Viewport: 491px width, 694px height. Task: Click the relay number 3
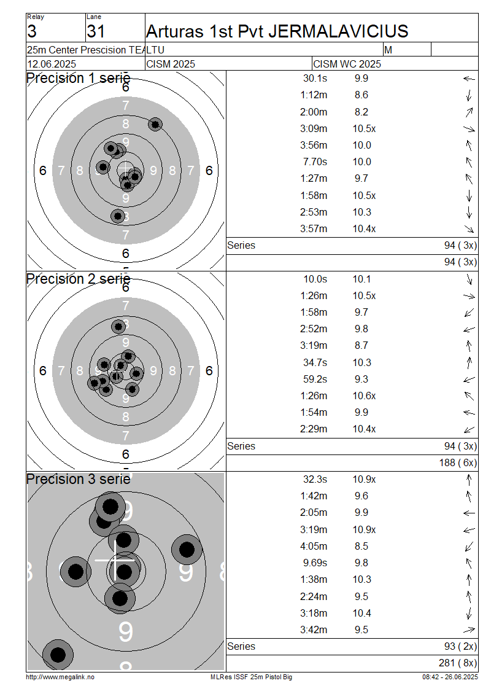click(32, 31)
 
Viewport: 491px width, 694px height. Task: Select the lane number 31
click(96, 31)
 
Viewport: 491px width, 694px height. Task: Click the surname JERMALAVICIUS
click(338, 31)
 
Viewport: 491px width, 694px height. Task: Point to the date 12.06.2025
click(52, 64)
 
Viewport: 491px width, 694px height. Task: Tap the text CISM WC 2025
click(347, 64)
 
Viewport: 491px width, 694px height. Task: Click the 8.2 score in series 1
click(361, 112)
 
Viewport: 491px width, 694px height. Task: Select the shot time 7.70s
click(315, 162)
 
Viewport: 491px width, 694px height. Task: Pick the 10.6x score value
click(364, 396)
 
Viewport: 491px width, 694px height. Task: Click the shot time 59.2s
click(315, 380)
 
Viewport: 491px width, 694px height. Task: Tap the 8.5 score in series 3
click(361, 546)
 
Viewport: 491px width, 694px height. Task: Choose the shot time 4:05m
click(314, 546)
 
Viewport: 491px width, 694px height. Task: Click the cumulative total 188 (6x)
click(458, 463)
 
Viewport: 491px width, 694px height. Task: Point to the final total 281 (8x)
click(458, 663)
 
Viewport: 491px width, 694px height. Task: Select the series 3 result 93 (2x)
click(460, 647)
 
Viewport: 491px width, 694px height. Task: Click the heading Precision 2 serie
click(79, 279)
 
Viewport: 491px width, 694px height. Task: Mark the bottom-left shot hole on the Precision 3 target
click(58, 654)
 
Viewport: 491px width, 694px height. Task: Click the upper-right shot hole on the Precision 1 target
click(155, 125)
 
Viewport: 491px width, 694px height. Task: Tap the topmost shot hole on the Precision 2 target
click(118, 327)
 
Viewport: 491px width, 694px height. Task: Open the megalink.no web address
click(60, 677)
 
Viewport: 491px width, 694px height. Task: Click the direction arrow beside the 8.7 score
click(469, 346)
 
